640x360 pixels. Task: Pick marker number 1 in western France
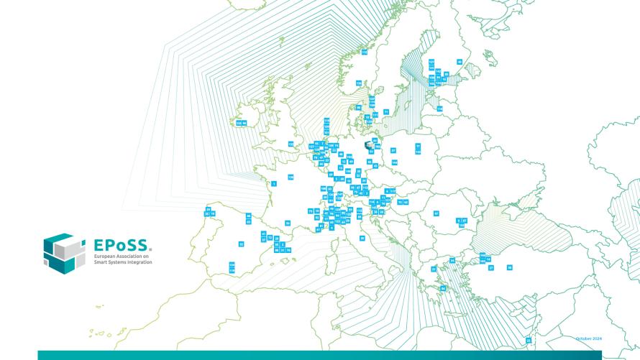[x=274, y=183]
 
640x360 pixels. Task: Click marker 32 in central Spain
[x=242, y=244]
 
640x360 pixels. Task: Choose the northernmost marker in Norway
[x=364, y=52]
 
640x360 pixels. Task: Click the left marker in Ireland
[x=238, y=123]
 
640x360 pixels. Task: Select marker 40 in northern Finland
[x=460, y=62]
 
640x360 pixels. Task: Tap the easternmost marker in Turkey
[x=509, y=267]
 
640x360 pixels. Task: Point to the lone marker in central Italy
[x=362, y=238]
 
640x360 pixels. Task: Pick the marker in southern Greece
[x=443, y=288]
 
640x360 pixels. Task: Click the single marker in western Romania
[x=436, y=213]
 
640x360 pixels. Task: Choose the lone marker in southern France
[x=288, y=223]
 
